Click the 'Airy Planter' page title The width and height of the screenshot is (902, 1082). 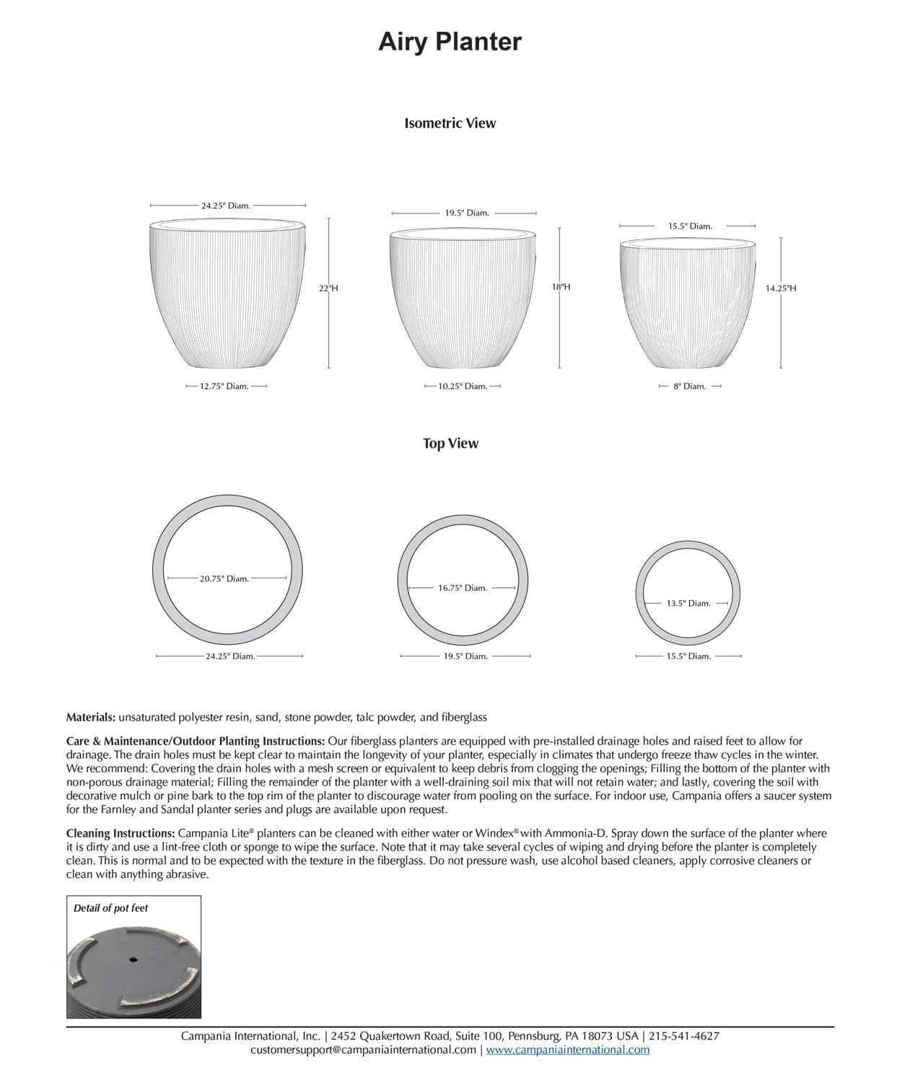click(x=450, y=42)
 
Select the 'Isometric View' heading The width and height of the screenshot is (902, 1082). click(x=450, y=123)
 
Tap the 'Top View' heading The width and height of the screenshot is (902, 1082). click(x=450, y=444)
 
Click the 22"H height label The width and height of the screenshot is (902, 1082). click(x=328, y=289)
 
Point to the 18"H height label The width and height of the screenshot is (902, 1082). click(x=561, y=287)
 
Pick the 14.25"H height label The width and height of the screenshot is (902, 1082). click(x=781, y=289)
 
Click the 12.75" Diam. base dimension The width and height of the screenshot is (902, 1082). click(x=224, y=387)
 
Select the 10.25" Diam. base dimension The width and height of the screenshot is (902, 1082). click(x=463, y=387)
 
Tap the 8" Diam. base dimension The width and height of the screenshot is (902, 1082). click(x=689, y=387)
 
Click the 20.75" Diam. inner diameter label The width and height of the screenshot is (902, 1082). click(x=224, y=579)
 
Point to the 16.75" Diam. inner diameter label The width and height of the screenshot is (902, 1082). click(x=463, y=588)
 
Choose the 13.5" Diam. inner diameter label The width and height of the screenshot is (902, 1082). click(x=688, y=604)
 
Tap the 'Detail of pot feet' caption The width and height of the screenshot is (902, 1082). click(x=110, y=908)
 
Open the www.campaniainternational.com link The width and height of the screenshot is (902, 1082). click(x=567, y=1050)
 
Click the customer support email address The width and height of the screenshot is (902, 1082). click(x=363, y=1050)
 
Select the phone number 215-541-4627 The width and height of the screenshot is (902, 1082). click(x=684, y=1037)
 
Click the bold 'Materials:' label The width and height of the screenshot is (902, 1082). click(x=91, y=718)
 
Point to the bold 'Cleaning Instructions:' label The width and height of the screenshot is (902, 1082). click(x=121, y=833)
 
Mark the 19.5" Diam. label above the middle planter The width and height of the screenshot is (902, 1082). click(x=466, y=214)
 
